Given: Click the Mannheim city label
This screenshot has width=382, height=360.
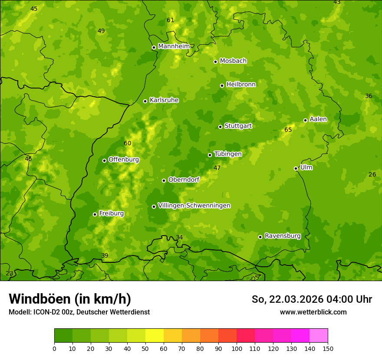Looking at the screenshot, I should click(174, 46).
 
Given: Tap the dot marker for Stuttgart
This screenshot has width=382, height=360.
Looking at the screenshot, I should click(220, 127).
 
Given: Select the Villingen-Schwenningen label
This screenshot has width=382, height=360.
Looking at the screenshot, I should click(194, 206).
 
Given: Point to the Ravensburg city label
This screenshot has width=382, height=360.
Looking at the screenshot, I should click(283, 236).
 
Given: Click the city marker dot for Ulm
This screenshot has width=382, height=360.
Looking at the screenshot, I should click(296, 168).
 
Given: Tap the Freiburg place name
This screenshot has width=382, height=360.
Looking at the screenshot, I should click(111, 213).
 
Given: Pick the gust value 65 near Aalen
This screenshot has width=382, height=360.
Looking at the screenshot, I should click(288, 130).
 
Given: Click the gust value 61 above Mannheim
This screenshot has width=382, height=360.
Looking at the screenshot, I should click(171, 20).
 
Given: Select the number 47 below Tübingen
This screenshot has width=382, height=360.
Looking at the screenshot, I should click(217, 168).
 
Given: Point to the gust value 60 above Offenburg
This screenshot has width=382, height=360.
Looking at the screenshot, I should click(127, 143).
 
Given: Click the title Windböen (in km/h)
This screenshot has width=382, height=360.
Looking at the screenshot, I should click(70, 299).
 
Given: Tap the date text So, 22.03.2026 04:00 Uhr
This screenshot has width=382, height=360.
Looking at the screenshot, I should click(312, 299).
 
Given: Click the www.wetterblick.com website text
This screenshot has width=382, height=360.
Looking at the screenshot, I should click(313, 312).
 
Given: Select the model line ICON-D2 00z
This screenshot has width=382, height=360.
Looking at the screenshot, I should click(79, 312).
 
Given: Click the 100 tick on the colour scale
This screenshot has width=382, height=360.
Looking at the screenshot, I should click(237, 348).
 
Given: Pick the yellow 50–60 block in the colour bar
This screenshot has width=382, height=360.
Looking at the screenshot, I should click(155, 336).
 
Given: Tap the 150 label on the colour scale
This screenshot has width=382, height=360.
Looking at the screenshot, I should click(328, 348).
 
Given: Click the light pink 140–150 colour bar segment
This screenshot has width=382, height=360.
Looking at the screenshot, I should click(319, 336).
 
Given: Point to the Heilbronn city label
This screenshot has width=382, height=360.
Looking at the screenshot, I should click(241, 85).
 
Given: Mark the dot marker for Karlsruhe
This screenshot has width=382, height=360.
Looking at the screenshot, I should click(145, 101).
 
